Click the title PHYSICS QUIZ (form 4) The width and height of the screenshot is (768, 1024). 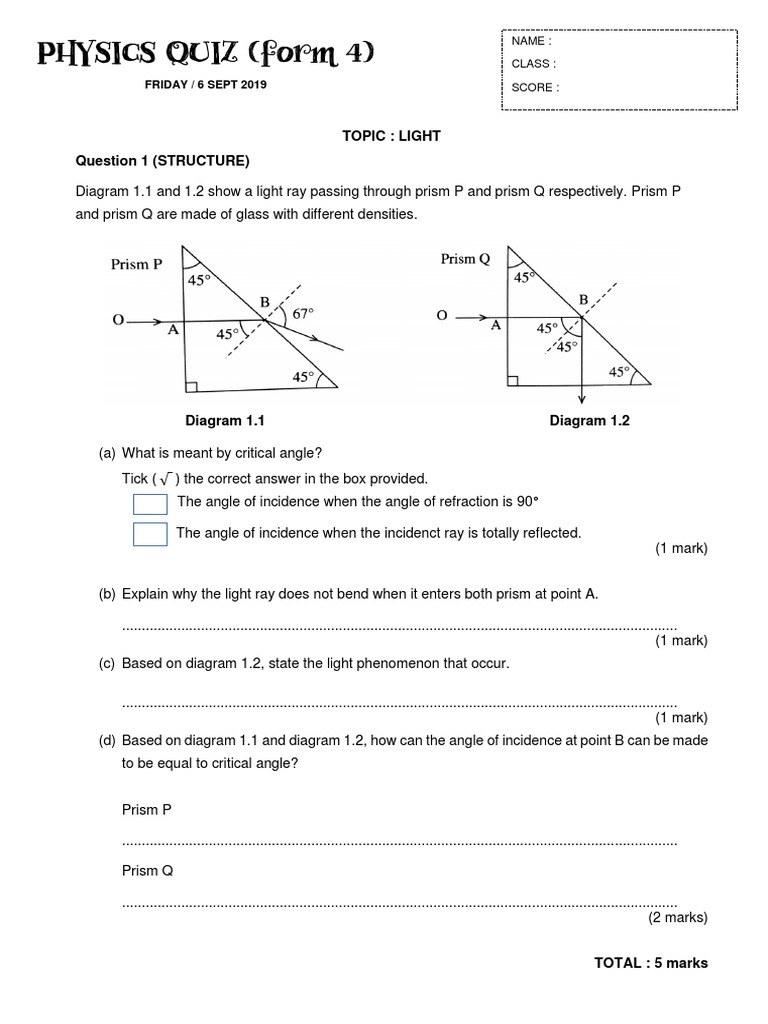coord(205,53)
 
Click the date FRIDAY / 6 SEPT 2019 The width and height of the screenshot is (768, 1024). coord(206,85)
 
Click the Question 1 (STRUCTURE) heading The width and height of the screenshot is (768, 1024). coord(163,160)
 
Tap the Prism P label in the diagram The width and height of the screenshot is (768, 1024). coord(136,265)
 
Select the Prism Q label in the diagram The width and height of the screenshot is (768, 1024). coord(465,259)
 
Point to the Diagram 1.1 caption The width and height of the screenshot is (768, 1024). coord(225,421)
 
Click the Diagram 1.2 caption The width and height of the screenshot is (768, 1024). coord(589,421)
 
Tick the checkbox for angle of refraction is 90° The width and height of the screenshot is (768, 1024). coord(150,504)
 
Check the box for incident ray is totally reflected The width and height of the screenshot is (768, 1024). coord(150,535)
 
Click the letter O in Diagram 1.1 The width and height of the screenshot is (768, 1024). coord(118,321)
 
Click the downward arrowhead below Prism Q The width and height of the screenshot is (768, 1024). coord(581,398)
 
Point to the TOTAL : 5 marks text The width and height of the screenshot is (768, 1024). coord(650,963)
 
